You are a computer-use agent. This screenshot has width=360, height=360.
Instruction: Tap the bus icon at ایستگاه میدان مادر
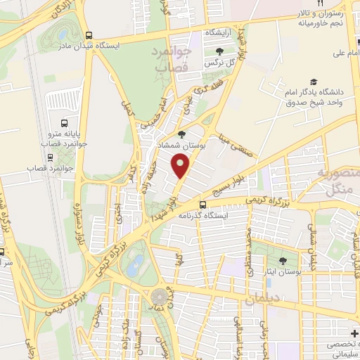[88, 35]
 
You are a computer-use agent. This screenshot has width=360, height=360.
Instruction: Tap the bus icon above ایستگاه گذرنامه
[202, 205]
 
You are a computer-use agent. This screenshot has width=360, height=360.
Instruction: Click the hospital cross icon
[353, 331]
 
